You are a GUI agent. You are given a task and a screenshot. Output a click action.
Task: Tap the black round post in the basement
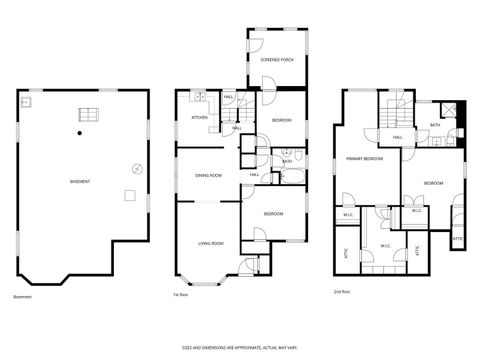[79, 132]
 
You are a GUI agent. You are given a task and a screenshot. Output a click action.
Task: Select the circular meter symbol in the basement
[136, 166]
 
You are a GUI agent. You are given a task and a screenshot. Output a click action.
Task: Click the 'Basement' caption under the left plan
[23, 297]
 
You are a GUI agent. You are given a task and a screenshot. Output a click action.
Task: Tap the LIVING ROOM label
[209, 243]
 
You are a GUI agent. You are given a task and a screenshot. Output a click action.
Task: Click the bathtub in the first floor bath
[285, 177]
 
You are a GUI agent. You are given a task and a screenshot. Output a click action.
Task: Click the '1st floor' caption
[181, 295]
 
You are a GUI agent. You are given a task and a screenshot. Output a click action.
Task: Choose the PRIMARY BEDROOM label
[365, 160]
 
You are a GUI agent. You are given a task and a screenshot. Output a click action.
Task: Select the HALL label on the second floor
[397, 137]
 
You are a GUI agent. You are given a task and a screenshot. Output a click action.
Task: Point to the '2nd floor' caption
[342, 291]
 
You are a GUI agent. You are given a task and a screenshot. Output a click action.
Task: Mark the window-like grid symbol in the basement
[86, 115]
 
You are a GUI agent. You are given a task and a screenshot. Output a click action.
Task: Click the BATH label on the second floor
[434, 125]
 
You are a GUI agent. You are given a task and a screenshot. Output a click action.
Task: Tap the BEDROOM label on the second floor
[432, 184]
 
